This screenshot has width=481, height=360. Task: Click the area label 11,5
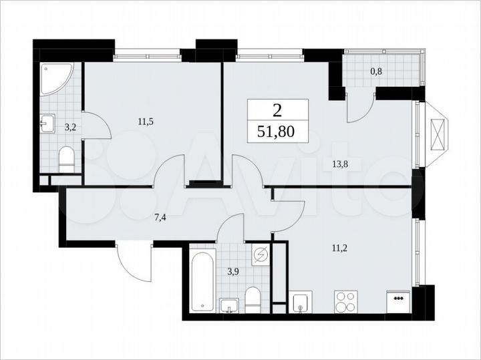click(144, 122)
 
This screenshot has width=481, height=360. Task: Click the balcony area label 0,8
click(376, 71)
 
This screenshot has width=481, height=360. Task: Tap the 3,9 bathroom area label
click(233, 271)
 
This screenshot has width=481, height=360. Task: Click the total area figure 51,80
click(278, 131)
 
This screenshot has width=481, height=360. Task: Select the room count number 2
click(278, 110)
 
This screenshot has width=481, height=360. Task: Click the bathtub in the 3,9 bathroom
click(201, 280)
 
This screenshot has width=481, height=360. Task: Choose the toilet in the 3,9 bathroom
click(253, 299)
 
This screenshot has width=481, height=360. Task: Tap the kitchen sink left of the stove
click(301, 301)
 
